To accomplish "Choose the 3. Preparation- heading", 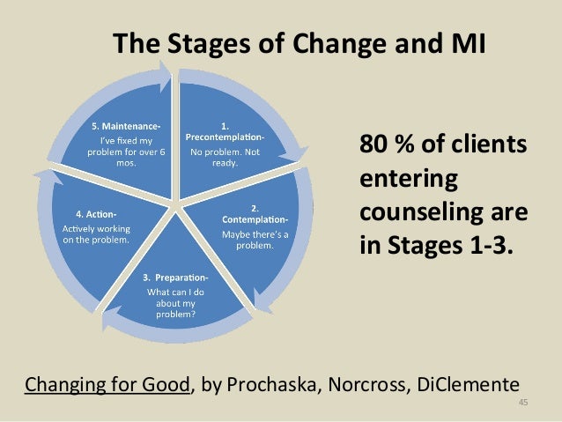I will coord(176,278).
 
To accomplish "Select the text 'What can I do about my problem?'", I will coord(176,302).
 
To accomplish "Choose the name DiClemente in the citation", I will coord(470,384).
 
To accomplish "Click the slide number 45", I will coord(522,403).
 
